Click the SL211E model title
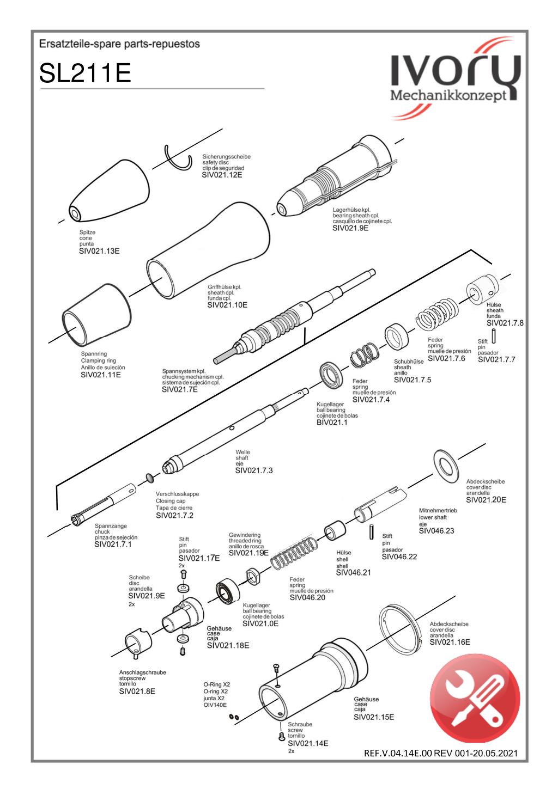pos(85,73)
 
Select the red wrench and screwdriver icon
pos(475,698)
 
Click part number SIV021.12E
pos(222,175)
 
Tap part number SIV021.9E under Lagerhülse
pos(350,228)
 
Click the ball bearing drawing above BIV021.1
pos(331,375)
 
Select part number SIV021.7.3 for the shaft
pos(254,470)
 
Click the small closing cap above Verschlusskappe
pos(149,478)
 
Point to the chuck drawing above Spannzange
pos(104,504)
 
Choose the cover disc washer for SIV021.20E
pos(446,466)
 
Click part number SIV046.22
pos(399,556)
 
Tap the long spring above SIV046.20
pos(294,553)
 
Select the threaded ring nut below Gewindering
pos(253,576)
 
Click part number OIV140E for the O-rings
pos(215,705)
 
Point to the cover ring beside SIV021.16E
pos(401,628)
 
